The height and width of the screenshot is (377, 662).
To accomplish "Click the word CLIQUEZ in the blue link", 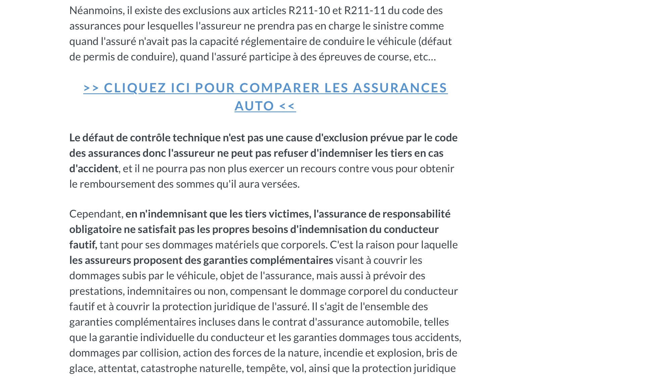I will pos(135,88).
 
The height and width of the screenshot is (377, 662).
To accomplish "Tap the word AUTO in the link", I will pos(254,106).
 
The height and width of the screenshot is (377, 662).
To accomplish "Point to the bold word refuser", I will pos(291,153).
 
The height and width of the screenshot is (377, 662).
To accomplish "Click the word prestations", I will pos(96,291).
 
